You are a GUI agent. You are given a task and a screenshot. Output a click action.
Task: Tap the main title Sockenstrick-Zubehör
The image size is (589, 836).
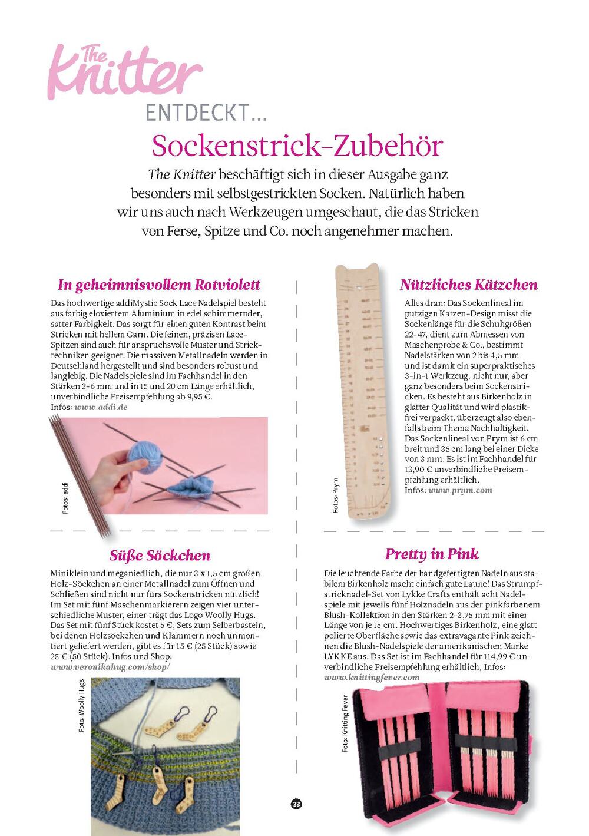pyautogui.click(x=297, y=146)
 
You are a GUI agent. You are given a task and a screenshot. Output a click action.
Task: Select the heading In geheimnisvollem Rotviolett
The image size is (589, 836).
pyautogui.click(x=159, y=285)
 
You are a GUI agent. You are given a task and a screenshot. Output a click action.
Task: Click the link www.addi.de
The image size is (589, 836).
pyautogui.click(x=101, y=407)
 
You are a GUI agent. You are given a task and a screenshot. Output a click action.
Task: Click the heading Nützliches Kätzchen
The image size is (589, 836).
pyautogui.click(x=469, y=285)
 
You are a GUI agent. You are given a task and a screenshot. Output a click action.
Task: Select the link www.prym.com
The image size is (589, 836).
pyautogui.click(x=460, y=490)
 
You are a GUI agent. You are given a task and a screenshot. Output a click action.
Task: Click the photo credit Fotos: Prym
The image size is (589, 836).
pyautogui.click(x=336, y=495)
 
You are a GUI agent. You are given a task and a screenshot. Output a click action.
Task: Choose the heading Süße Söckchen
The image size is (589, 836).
pyautogui.click(x=160, y=556)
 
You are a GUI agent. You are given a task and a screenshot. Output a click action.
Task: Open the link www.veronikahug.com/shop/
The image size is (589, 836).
pyautogui.click(x=110, y=667)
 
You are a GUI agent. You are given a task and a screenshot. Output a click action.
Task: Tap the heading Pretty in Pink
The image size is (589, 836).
pyautogui.click(x=432, y=554)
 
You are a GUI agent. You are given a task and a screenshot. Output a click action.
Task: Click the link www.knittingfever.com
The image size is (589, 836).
pyautogui.click(x=372, y=678)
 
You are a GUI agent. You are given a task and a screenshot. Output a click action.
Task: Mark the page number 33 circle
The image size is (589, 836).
pyautogui.click(x=296, y=804)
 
